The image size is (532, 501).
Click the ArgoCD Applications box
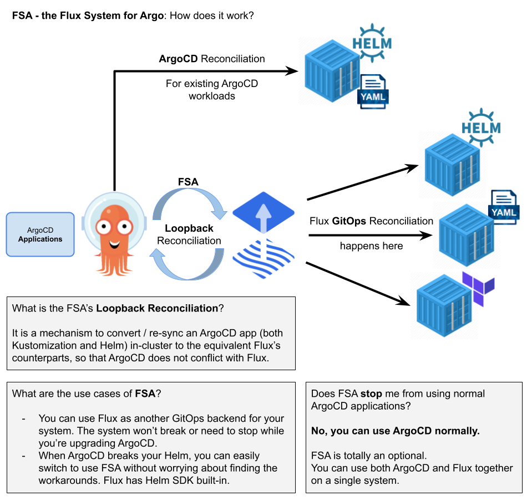tap(40, 234)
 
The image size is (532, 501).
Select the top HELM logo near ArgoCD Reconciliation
tap(372, 42)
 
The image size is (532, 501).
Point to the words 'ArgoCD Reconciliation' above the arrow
tap(211, 59)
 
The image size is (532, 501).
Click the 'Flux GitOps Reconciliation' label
tap(371, 221)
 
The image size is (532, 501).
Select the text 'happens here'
tap(371, 246)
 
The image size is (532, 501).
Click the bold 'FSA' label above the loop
tap(188, 182)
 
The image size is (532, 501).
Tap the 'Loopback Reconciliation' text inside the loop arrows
tap(189, 234)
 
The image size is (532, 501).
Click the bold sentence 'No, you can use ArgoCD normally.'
tap(395, 431)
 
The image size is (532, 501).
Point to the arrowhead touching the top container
tap(292, 70)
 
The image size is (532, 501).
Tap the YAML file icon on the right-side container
tap(503, 207)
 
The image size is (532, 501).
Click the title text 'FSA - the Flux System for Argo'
tap(88, 16)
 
